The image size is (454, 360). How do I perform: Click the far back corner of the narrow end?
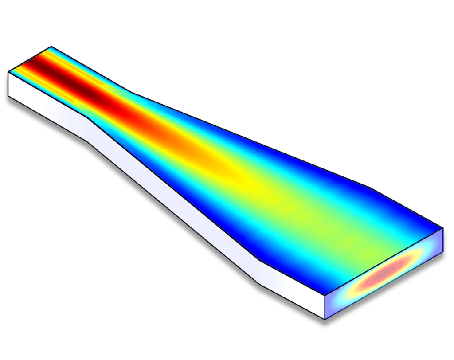pos(51,47)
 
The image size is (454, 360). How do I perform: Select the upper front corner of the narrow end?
pos(8,72)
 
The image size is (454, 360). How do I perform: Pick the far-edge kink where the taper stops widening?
pos(371,188)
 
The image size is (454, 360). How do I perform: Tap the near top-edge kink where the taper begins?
pos(89,118)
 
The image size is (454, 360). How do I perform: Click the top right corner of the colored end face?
pos(443,229)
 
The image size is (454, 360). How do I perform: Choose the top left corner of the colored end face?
pos(326,294)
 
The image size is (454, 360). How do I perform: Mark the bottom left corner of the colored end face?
pos(326,319)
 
